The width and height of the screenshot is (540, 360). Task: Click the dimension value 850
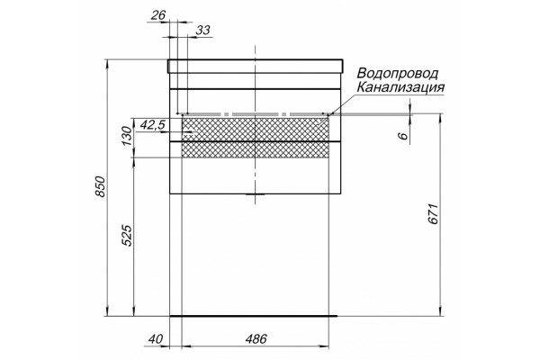100,186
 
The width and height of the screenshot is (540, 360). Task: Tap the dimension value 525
127,236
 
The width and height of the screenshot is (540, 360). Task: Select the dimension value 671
434,214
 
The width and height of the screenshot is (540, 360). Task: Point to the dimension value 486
256,339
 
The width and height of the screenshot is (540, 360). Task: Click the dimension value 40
157,339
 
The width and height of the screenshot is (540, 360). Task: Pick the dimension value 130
127,136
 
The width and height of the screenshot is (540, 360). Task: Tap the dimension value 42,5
153,125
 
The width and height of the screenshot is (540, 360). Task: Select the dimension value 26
158,15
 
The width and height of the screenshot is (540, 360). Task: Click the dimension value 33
202,31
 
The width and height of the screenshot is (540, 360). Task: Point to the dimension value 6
403,136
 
